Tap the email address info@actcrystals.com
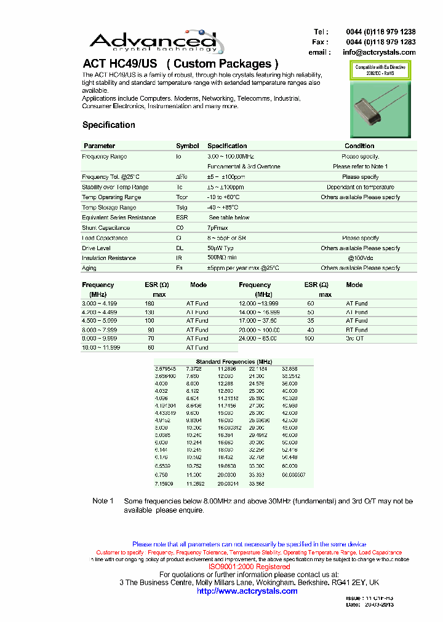tap(379, 52)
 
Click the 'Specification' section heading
tap(109, 125)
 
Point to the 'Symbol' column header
tap(187, 146)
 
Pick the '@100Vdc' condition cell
tap(360, 258)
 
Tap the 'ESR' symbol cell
tap(182, 218)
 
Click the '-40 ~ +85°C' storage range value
tap(223, 208)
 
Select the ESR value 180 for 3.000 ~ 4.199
tap(150, 304)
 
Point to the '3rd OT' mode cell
tap(355, 338)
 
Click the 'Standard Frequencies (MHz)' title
tap(233, 362)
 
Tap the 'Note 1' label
tap(103, 501)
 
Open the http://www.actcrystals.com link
tap(247, 591)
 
